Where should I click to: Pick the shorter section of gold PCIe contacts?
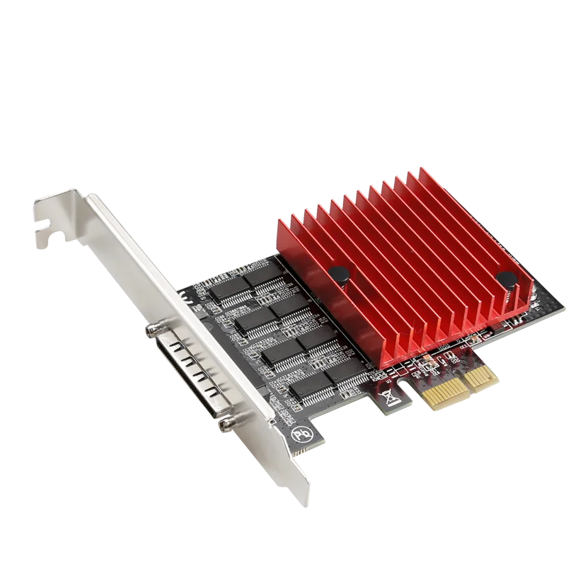click(x=485, y=374)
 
